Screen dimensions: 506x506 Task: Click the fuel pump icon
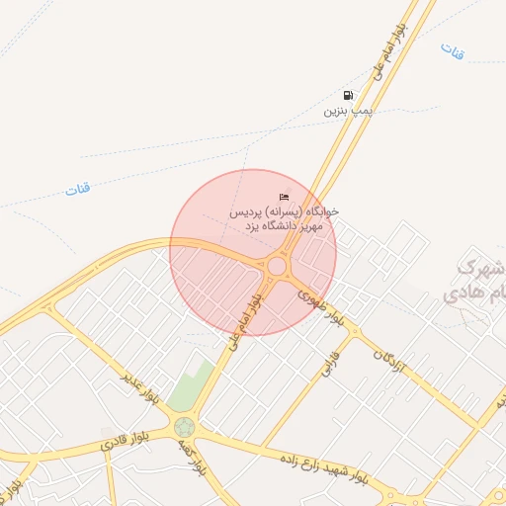pos(348,96)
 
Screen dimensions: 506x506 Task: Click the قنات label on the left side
pos(78,189)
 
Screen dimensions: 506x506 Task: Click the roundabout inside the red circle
pos(277,267)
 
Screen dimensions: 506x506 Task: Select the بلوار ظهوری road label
pos(323,308)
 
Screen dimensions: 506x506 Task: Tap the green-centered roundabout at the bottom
pos(184,428)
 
